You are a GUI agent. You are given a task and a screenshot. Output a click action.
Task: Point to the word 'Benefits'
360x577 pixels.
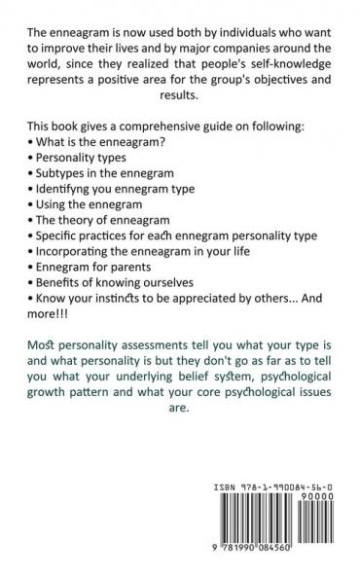pyautogui.click(x=68, y=329)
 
